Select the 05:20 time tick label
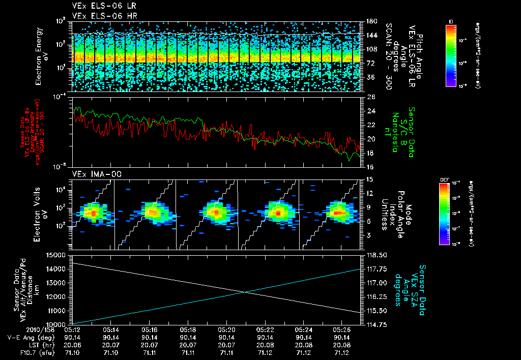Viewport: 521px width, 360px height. [226, 329]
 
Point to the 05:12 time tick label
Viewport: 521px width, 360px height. [71, 329]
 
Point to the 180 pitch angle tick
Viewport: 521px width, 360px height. [371, 21]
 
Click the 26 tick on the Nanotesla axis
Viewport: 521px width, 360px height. [370, 97]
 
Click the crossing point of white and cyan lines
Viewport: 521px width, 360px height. [245, 291]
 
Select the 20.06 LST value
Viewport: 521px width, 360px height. [71, 344]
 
